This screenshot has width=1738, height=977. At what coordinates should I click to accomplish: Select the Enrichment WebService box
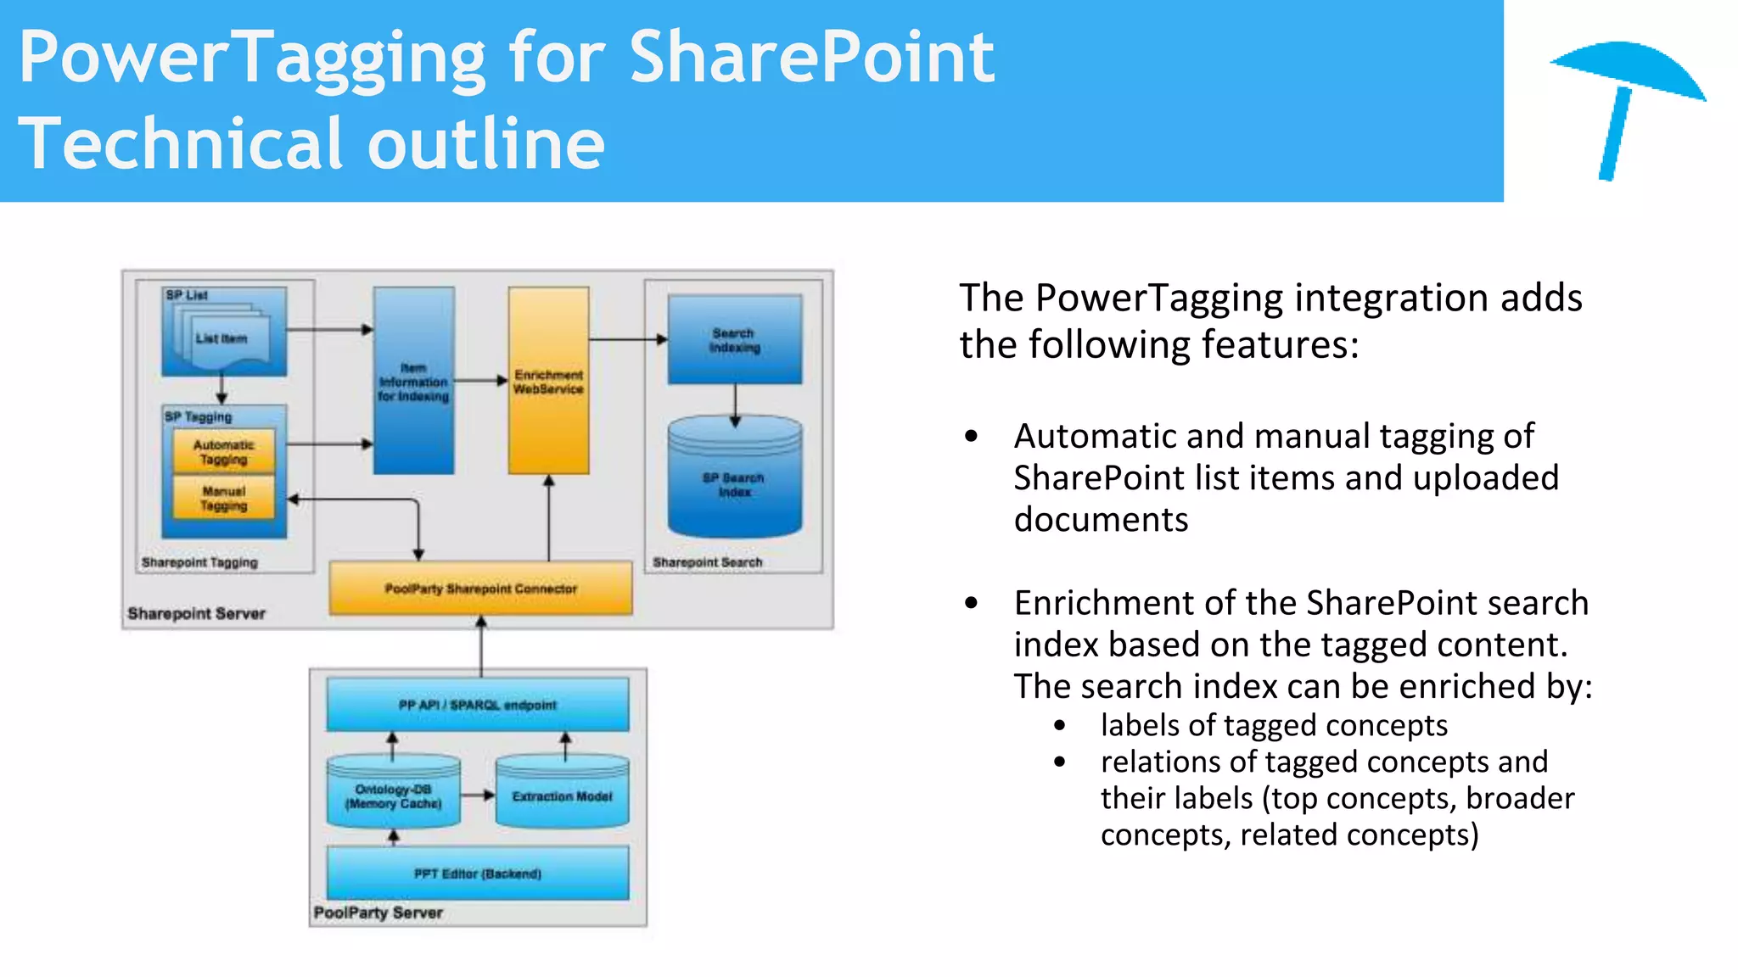coord(548,382)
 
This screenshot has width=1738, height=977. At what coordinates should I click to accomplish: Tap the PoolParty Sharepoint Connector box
coord(480,588)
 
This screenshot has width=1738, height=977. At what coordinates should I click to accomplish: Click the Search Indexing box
coord(735,340)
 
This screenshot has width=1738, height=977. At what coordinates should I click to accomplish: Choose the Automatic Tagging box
coord(224,452)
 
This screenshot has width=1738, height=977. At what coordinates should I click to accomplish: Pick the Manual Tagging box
coord(224,498)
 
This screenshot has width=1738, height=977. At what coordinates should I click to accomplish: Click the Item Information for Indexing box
coord(413,382)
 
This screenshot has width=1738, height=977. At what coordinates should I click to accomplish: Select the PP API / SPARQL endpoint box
coord(478,705)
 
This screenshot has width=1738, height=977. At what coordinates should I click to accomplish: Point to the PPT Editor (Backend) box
coord(478,873)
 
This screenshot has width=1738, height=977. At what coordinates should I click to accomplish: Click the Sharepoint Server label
coord(197,613)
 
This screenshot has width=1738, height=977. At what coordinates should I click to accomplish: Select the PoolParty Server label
coord(378,913)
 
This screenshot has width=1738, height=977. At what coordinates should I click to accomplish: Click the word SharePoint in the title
coord(811,58)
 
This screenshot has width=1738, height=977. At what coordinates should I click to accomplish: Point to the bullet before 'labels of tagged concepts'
coord(1059,726)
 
